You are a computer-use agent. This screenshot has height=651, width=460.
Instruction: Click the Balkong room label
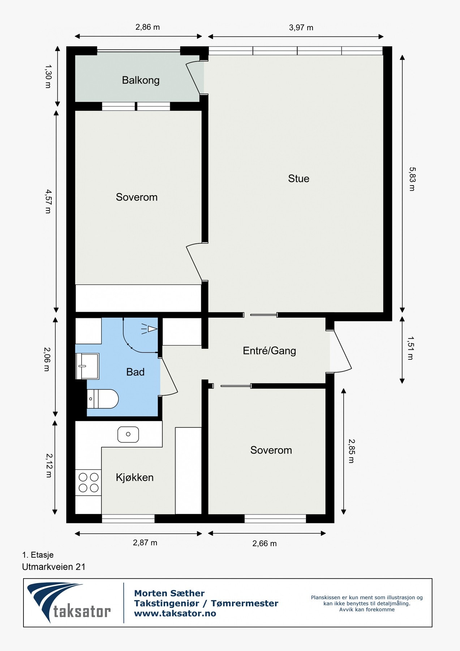point(141,80)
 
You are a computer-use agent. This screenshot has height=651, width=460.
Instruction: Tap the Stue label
point(298,178)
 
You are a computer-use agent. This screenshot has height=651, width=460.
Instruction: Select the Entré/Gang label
point(269,350)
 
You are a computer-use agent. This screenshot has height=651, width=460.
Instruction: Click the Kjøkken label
point(134,477)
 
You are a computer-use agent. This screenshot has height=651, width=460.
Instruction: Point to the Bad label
point(135,372)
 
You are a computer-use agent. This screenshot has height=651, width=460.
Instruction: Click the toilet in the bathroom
point(103,399)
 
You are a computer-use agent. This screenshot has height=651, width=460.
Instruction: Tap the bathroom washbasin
point(87,366)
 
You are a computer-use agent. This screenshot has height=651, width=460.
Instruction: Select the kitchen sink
point(128,434)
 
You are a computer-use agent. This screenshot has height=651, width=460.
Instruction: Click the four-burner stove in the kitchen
point(88,482)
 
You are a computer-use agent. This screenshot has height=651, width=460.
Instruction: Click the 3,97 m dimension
point(301,27)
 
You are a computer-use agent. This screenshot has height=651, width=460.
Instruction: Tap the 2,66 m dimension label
point(265,543)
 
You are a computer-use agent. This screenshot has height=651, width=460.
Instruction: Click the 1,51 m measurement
point(410,348)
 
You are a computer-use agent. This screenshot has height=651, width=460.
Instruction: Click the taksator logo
point(69,603)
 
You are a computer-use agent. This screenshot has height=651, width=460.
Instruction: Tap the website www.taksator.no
point(175,613)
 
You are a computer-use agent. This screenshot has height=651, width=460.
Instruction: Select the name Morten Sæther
point(169,593)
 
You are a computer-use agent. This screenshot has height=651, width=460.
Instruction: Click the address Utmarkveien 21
point(54,567)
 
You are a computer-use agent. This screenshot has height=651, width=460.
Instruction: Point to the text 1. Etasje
point(38,555)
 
